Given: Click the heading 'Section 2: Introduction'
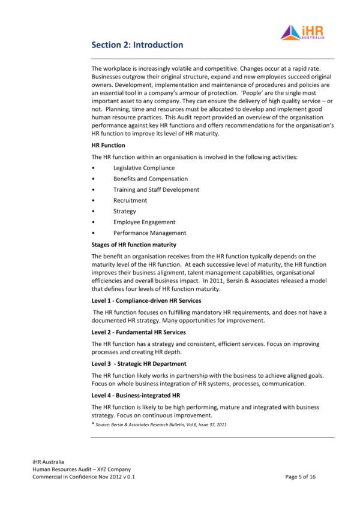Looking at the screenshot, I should (x=137, y=45).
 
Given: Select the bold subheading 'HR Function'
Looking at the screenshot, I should (x=108, y=145).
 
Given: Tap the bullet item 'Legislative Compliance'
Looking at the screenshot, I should (x=144, y=168).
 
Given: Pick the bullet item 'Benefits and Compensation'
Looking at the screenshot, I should (x=150, y=179).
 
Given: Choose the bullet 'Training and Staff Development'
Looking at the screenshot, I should (x=156, y=189).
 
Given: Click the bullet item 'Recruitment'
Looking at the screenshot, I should (x=130, y=200).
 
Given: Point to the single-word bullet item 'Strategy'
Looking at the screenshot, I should (x=124, y=211).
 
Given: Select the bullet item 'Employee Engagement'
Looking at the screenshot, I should (x=144, y=222).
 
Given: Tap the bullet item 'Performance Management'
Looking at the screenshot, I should (x=149, y=233).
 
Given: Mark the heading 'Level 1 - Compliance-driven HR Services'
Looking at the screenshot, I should (x=146, y=300).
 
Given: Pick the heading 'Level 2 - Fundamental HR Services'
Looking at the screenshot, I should (x=138, y=332).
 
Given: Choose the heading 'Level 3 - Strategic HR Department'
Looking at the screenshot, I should (x=139, y=364).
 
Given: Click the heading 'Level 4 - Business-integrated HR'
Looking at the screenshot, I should (x=136, y=395).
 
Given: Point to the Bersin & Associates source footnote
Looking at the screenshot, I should (x=160, y=424).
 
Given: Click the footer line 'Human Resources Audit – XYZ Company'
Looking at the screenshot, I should (x=82, y=469).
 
